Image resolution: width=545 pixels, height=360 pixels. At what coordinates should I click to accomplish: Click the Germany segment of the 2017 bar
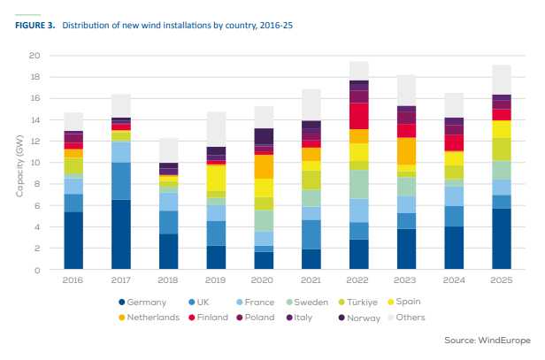tap(121, 234)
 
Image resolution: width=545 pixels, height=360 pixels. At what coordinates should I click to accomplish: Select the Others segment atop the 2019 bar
tap(217, 129)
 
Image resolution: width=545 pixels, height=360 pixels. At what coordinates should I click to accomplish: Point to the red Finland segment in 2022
tap(358, 116)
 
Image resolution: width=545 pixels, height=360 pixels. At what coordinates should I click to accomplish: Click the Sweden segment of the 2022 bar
tap(358, 184)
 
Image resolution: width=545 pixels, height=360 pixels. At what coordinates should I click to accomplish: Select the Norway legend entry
tap(363, 317)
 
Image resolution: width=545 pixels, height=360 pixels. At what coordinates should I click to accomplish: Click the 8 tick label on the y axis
tap(38, 184)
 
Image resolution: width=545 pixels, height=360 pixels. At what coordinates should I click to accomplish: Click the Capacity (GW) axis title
tap(18, 163)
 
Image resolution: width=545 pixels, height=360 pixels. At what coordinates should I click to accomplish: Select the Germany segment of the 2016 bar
tap(73, 241)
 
